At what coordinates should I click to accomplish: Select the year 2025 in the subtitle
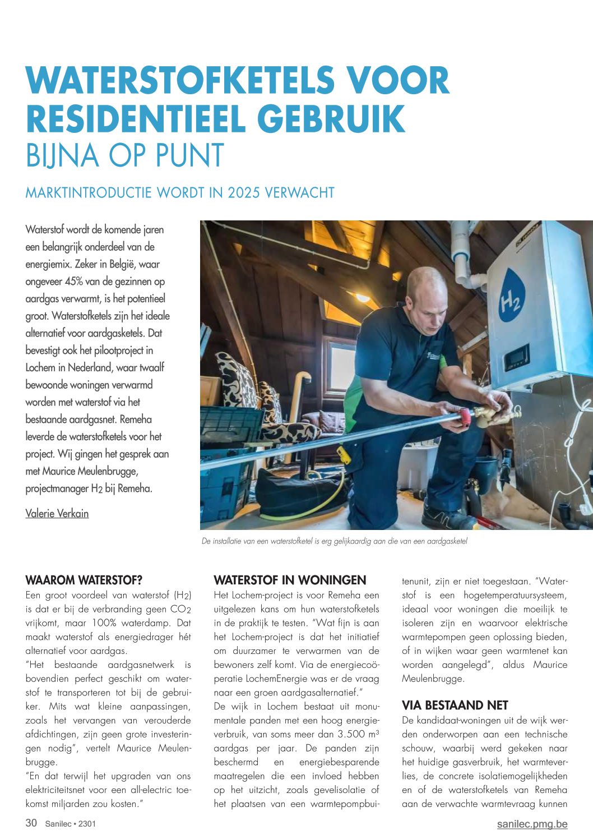pos(243,193)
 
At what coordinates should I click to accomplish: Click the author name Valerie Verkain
pos(57,513)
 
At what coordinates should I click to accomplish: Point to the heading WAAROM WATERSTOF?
pos(84,580)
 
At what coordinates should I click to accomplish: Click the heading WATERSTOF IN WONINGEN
pos(290,580)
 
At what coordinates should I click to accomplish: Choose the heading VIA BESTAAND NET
pos(455,706)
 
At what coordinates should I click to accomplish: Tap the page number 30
pos(31,823)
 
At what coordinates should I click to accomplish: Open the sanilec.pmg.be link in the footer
pos(532,824)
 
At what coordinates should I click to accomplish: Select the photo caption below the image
pos(334,542)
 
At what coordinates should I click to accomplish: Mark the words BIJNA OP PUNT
pos(125,156)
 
